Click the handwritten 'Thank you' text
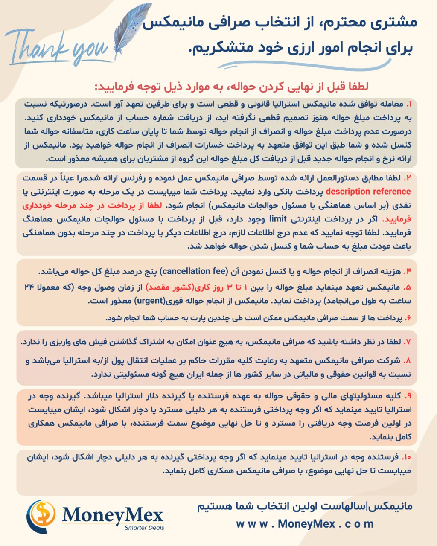coord(58,47)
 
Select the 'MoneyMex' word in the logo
coord(113,515)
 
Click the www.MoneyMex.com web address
coord(305,524)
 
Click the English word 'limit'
coord(278,219)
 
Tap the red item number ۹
coord(408,395)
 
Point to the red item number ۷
coord(408,342)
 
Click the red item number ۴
coord(408,272)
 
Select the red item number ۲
coord(408,177)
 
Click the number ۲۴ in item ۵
coord(28,286)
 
